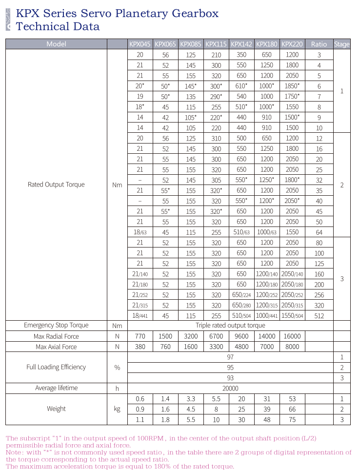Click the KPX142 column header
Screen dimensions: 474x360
pos(241,44)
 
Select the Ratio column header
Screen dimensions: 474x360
pos(319,44)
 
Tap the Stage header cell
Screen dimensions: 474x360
pos(342,44)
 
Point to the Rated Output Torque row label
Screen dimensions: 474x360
pos(56,185)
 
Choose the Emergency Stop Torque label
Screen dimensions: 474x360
pos(56,326)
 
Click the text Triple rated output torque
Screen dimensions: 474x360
pos(230,326)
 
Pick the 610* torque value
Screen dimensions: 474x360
pos(241,86)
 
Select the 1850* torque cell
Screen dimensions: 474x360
pos(293,86)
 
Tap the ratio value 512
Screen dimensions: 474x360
pos(319,316)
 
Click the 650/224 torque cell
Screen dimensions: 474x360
pos(241,295)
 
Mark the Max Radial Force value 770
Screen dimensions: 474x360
pos(140,336)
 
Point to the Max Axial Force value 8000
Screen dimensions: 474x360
pos(293,347)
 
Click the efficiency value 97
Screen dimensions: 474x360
pos(230,357)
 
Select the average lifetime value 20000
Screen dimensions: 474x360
pos(230,389)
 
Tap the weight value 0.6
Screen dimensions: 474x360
pos(140,399)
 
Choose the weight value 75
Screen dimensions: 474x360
pos(293,420)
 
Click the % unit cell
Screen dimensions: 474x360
pos(117,368)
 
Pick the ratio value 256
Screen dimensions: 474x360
pos(319,295)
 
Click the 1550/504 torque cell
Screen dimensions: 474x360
pos(293,316)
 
